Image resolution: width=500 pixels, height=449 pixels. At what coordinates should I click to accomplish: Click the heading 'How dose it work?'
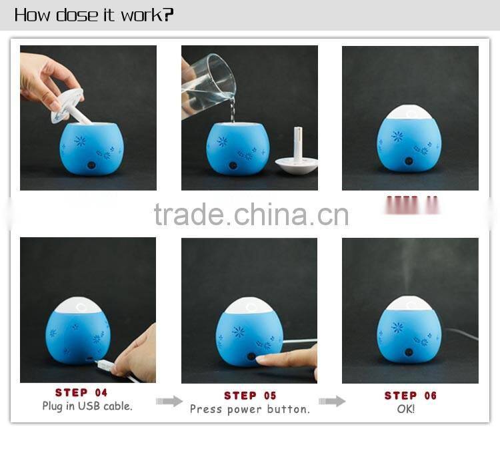(94, 15)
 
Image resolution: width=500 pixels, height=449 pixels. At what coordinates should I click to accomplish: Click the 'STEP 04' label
(81, 392)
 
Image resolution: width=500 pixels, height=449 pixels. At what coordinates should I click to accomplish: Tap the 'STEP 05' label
(249, 396)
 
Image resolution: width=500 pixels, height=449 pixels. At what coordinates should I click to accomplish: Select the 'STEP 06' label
(410, 396)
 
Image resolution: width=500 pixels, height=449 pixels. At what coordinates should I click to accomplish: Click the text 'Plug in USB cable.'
(87, 406)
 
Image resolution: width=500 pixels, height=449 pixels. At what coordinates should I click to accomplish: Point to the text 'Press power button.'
(249, 409)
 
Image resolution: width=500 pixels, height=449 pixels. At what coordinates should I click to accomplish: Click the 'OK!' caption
(406, 409)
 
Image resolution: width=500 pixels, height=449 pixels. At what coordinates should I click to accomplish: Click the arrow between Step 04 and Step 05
(169, 401)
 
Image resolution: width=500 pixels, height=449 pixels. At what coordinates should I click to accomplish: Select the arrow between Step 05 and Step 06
(331, 401)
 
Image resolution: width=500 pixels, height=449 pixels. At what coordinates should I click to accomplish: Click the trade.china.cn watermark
(251, 215)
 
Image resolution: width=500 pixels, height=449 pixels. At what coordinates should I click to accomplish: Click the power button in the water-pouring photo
(234, 165)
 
